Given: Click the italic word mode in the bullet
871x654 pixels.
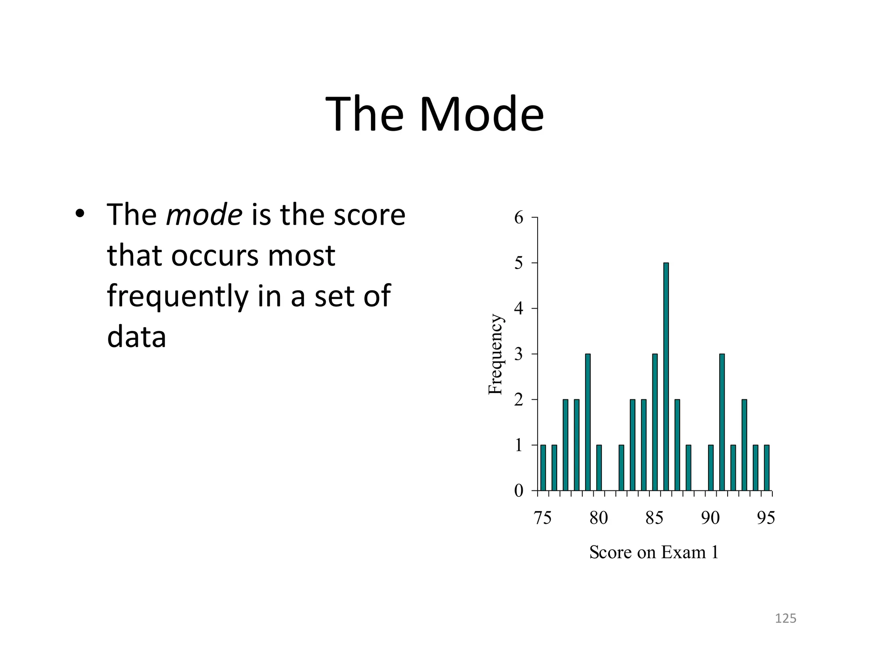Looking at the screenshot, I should click(x=204, y=215).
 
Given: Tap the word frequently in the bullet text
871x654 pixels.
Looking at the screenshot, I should click(x=177, y=296).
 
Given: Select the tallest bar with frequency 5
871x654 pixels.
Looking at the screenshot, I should click(x=666, y=377).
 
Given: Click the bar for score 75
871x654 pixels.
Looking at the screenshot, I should click(x=543, y=468).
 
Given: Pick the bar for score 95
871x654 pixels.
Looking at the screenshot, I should click(x=767, y=468).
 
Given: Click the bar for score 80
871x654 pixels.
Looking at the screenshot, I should click(x=599, y=468).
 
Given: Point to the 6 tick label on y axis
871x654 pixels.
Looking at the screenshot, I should click(x=518, y=218).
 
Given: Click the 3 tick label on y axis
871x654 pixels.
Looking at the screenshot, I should click(x=518, y=354).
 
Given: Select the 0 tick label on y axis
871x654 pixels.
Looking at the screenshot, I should click(x=518, y=491).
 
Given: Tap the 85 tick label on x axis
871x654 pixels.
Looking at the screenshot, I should click(x=654, y=518).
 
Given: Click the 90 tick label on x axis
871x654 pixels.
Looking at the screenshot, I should click(x=710, y=518).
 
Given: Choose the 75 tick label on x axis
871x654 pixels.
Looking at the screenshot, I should click(x=542, y=518).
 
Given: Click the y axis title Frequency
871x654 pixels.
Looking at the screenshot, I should click(x=495, y=354).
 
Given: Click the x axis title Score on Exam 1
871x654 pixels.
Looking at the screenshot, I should click(x=654, y=553).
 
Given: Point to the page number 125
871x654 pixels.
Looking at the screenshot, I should click(x=786, y=618).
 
